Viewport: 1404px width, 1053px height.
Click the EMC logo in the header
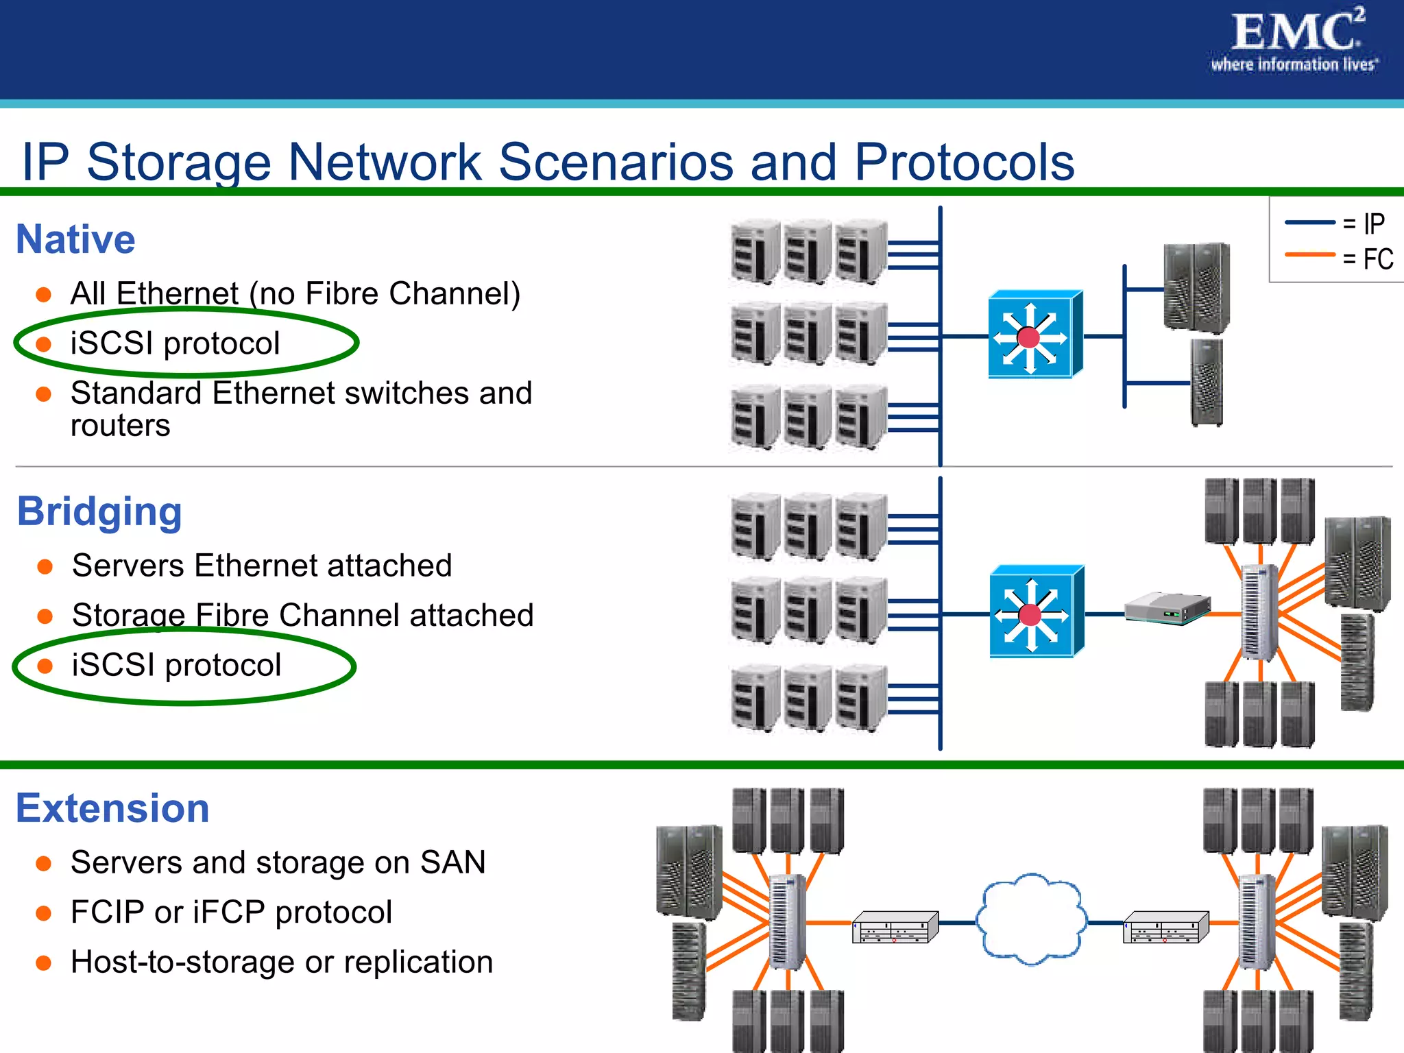(1294, 40)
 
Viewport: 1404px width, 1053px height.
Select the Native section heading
(75, 239)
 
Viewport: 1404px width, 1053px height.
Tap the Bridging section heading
(99, 511)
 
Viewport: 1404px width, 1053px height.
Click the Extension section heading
(112, 808)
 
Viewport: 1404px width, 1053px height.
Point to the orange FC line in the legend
(1309, 255)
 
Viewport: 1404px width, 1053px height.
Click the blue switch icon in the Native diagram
(1033, 335)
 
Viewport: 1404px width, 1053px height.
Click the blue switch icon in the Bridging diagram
(1034, 612)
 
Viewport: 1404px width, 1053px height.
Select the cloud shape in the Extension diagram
(1031, 919)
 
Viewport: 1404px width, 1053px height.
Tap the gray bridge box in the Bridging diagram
(1167, 607)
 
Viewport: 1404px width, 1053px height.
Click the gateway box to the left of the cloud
(894, 927)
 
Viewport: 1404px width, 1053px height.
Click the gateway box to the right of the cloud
(1165, 927)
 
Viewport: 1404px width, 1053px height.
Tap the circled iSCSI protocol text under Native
(175, 343)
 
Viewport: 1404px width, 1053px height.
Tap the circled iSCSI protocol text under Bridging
(176, 665)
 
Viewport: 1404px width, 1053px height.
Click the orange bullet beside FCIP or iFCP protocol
(44, 913)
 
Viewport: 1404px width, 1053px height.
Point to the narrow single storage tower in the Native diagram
(1207, 383)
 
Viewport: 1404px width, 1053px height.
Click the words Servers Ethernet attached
(262, 566)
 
